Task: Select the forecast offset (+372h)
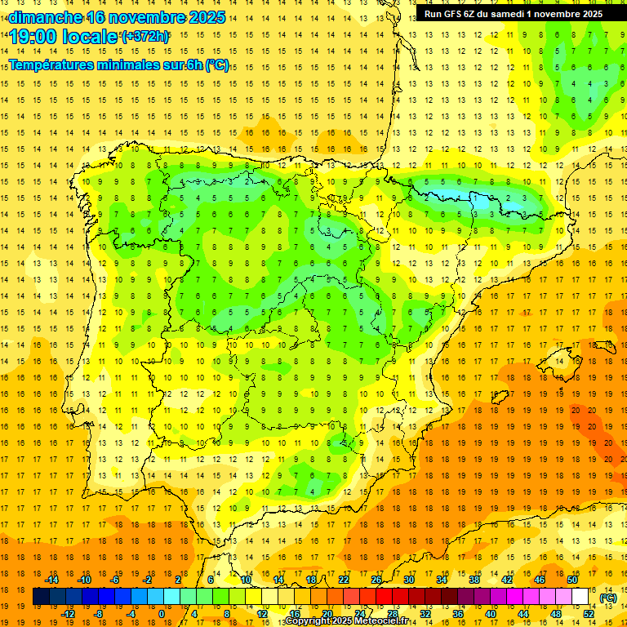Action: point(145,37)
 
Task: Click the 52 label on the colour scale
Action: point(589,614)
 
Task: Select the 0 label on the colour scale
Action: point(162,614)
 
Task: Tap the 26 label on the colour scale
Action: point(376,580)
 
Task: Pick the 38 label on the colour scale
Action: point(474,580)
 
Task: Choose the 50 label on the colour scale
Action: point(572,580)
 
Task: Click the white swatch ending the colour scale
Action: point(580,597)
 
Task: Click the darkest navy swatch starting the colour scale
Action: point(41,597)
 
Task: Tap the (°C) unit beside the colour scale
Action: point(608,598)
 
